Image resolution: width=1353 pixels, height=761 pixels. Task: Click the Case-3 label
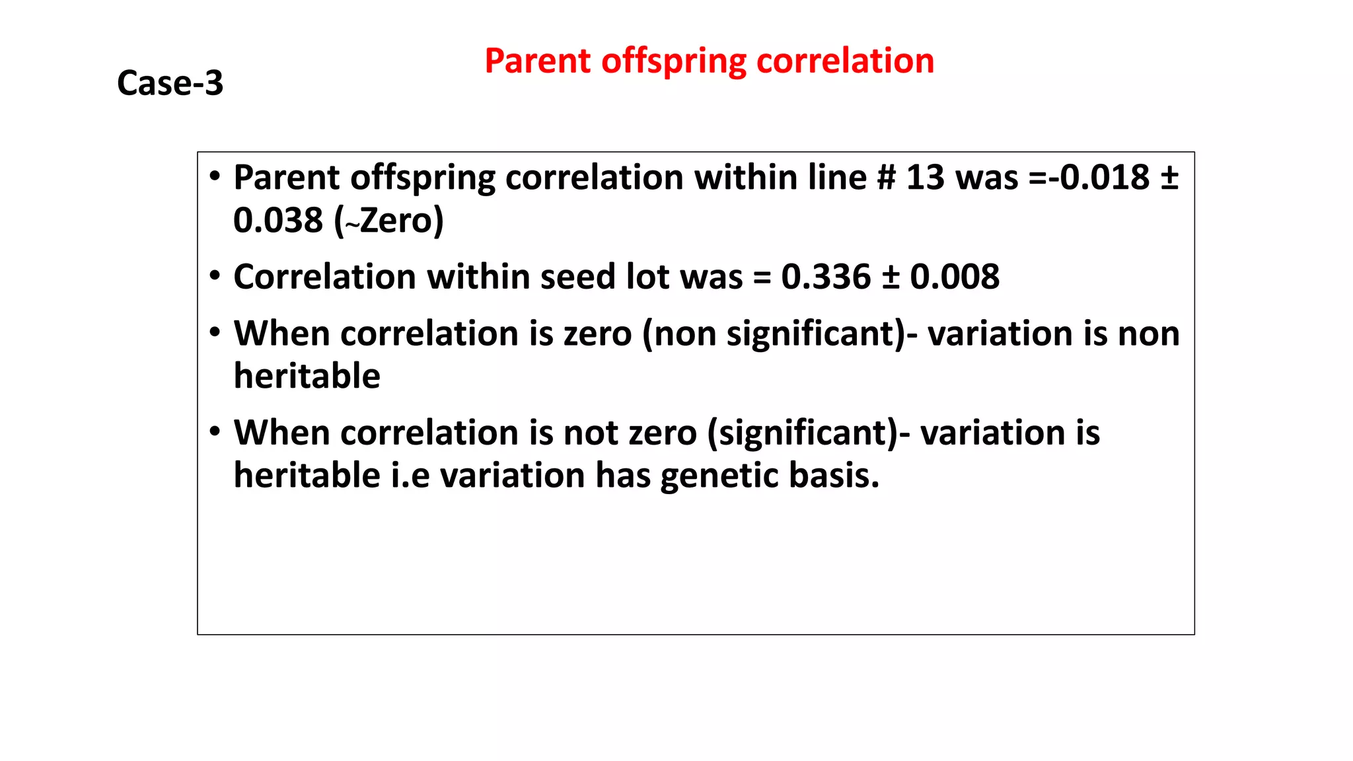coord(170,83)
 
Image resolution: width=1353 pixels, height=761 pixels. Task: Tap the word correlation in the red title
coord(845,61)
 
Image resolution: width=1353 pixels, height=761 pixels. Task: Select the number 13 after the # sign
coord(925,178)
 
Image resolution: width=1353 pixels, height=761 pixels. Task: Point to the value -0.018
coord(1100,178)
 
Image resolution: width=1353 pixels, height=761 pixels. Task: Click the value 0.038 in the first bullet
coord(278,220)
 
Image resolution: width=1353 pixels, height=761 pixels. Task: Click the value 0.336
coord(826,277)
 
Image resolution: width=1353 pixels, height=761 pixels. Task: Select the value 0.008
coord(955,277)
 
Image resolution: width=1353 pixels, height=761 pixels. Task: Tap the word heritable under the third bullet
coord(307,376)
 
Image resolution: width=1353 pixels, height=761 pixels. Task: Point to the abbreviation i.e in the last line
coord(410,476)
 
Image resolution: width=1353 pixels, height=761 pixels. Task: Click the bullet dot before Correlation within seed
coord(215,275)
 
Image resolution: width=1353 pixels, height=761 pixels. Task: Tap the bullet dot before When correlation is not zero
coord(215,432)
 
